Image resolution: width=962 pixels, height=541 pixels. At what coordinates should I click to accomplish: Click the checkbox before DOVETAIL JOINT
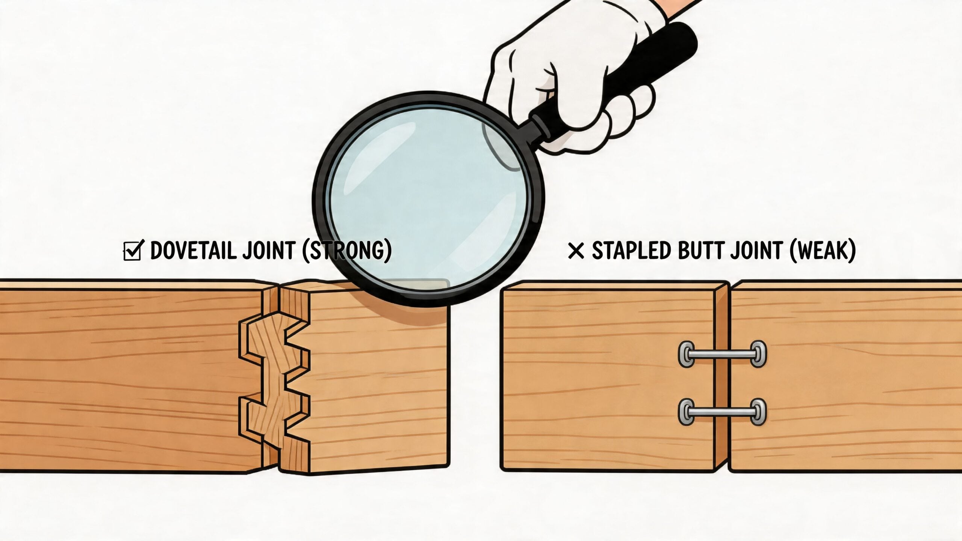pyautogui.click(x=132, y=251)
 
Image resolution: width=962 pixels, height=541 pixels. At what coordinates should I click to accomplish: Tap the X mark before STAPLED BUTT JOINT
pyautogui.click(x=576, y=251)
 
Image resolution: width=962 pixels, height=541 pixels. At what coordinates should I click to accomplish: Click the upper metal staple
pyautogui.click(x=722, y=354)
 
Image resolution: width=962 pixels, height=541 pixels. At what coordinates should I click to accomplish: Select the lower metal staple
pyautogui.click(x=722, y=412)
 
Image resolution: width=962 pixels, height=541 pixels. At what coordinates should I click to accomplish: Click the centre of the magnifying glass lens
pyautogui.click(x=428, y=197)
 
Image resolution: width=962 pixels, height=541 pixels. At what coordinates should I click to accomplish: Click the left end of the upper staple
pyautogui.click(x=687, y=354)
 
